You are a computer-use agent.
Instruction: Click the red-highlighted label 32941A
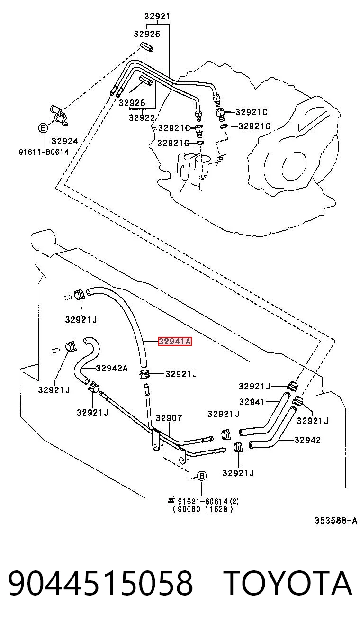[175, 342]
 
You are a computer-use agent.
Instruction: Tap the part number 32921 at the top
[157, 17]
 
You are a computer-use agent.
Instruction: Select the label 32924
[65, 141]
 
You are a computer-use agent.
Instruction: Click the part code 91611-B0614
[44, 152]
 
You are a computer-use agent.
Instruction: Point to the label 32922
[142, 117]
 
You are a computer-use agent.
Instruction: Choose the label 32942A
[112, 368]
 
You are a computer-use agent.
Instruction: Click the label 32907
[169, 418]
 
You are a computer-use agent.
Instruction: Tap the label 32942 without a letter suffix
[307, 440]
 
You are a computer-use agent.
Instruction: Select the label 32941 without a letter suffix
[252, 401]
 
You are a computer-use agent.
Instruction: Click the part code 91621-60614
[203, 501]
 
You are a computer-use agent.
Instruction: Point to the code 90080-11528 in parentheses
[203, 509]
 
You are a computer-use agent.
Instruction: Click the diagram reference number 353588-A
[336, 520]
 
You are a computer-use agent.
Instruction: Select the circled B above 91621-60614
[202, 476]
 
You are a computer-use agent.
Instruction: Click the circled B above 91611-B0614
[43, 128]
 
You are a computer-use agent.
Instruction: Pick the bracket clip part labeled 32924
[60, 115]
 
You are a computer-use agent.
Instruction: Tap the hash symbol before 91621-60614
[171, 501]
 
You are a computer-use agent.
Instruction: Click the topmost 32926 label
[147, 34]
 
